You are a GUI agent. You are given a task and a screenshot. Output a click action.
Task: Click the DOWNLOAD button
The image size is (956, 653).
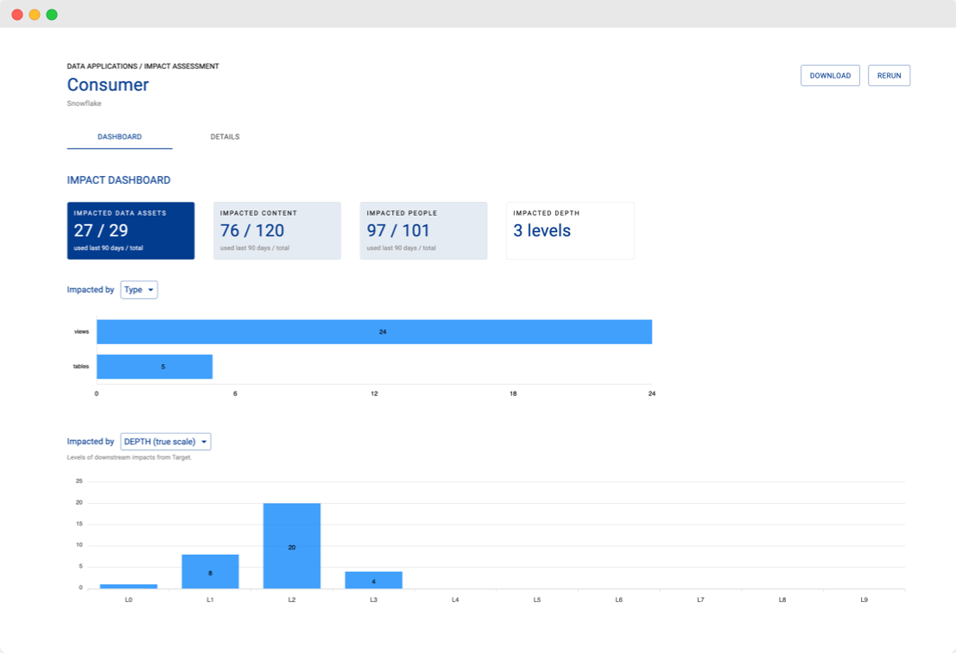click(830, 76)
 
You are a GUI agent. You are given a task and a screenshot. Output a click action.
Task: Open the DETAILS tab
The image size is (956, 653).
click(225, 137)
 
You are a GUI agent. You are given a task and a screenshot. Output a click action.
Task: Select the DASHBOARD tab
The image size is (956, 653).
click(119, 137)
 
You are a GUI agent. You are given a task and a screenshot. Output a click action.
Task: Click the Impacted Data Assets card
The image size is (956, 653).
click(130, 230)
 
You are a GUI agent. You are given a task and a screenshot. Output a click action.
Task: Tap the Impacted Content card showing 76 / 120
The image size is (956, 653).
click(277, 230)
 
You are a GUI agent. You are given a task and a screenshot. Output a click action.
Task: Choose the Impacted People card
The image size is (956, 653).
click(423, 230)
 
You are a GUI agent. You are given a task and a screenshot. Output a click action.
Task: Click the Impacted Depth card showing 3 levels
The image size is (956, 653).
click(570, 230)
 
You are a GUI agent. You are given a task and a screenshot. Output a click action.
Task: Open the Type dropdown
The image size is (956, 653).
click(139, 290)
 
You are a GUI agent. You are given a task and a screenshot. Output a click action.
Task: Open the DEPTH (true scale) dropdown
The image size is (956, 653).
click(166, 442)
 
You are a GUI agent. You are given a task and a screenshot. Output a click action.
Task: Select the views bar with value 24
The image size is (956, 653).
click(374, 332)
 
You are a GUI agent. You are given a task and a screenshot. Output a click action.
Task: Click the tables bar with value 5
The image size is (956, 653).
click(155, 367)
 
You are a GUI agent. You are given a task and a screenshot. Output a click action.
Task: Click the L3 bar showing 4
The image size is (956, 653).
click(373, 580)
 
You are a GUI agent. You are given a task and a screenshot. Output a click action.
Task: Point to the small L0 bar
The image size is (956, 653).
click(129, 586)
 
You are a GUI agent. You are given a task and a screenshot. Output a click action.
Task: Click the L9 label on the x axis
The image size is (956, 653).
click(864, 599)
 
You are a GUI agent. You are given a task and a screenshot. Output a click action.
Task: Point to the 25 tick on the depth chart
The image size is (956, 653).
click(79, 481)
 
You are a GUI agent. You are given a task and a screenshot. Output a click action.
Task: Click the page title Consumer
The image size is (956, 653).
click(108, 85)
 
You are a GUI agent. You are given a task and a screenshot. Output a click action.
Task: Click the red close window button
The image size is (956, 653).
click(17, 15)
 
